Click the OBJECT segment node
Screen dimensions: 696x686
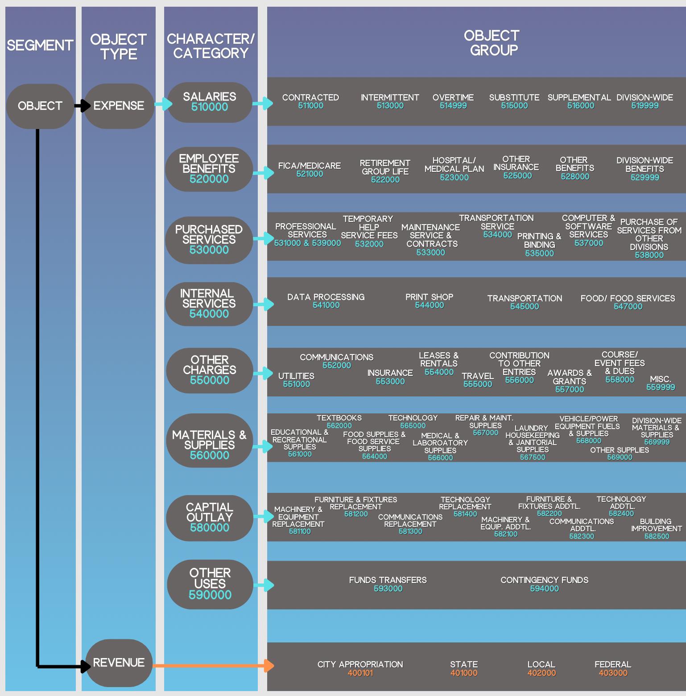coord(40,106)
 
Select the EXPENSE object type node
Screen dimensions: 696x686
coord(119,106)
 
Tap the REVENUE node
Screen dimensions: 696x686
coord(119,663)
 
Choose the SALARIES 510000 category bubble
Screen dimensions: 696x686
coord(210,102)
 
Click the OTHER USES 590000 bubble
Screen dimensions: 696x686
coord(210,584)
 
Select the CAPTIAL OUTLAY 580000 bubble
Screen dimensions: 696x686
coord(210,517)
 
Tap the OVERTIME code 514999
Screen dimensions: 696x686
coord(453,106)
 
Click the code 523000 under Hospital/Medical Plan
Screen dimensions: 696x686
coord(454,177)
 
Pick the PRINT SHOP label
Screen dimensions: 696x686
coord(429,297)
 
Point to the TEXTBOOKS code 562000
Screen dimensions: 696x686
coord(339,425)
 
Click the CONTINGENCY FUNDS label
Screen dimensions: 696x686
coord(544,580)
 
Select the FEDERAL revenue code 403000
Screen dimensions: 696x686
coord(613,673)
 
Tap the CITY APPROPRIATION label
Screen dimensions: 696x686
coord(360,664)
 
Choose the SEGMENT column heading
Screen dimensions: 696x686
coord(40,46)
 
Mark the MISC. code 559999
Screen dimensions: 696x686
coord(661,387)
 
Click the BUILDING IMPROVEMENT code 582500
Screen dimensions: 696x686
coord(657,536)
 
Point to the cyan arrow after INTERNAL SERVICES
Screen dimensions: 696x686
coord(264,304)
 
